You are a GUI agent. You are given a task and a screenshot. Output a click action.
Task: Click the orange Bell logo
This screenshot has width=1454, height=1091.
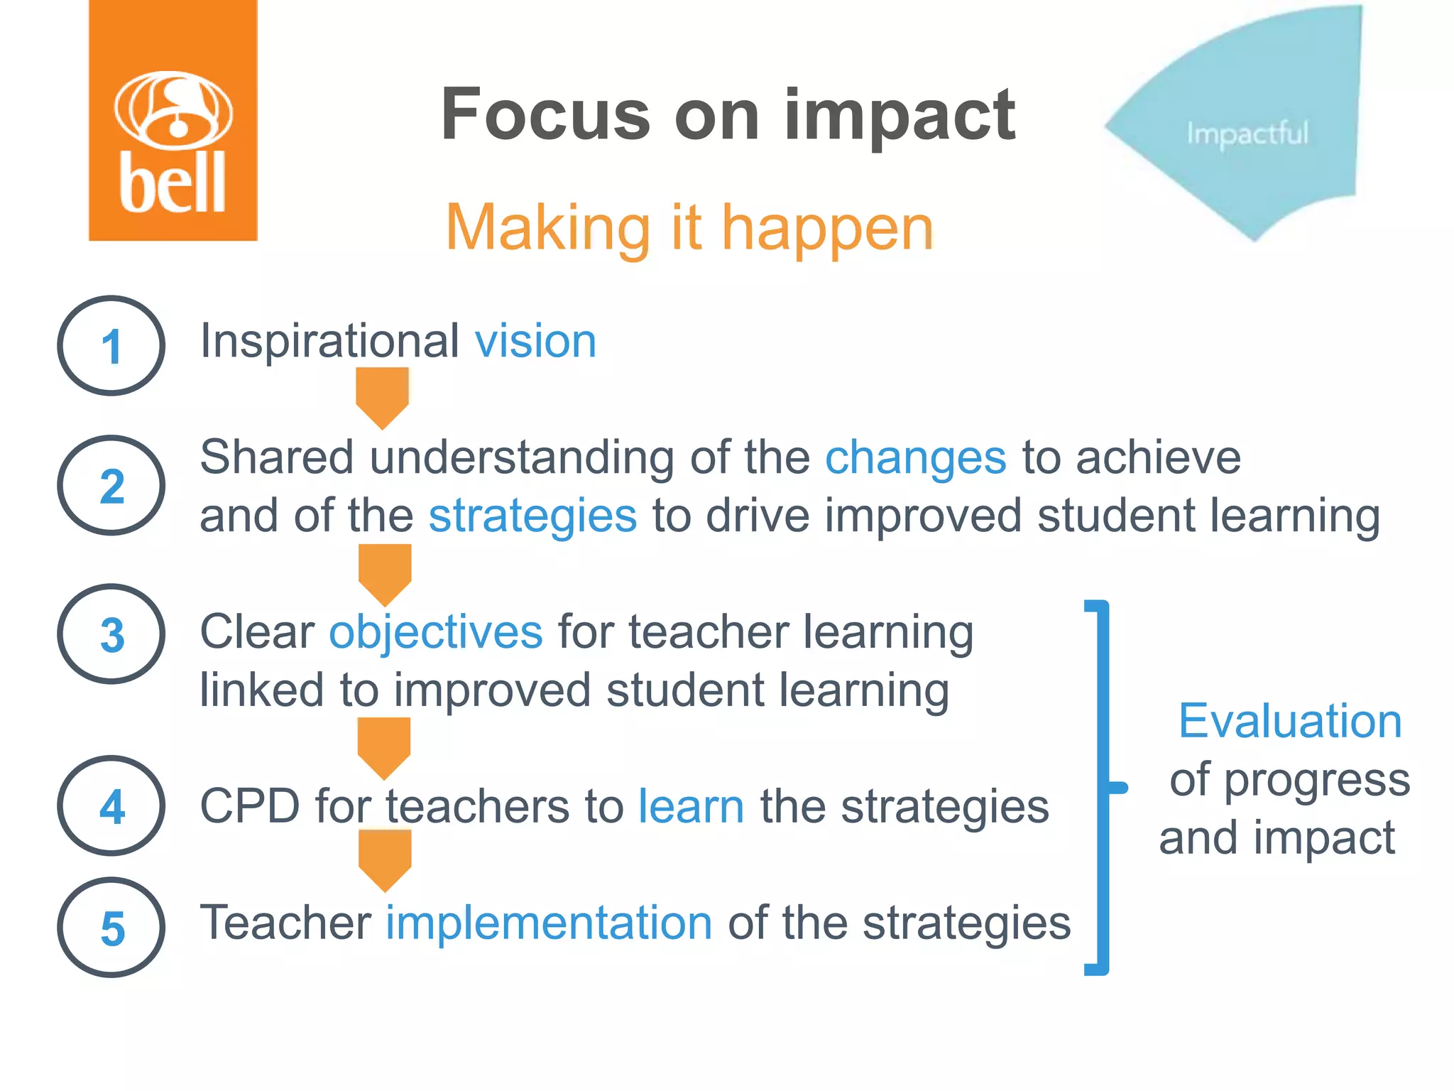coord(173,121)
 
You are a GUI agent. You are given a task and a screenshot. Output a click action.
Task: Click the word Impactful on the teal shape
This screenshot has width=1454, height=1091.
coord(1247,134)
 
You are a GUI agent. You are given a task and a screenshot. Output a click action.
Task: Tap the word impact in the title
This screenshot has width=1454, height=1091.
coord(900,116)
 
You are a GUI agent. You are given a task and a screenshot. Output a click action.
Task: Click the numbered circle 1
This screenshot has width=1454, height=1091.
coord(111,346)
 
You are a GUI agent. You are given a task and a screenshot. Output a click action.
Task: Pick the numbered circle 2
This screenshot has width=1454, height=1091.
coord(111,486)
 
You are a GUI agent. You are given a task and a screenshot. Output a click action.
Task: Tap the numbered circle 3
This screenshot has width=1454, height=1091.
coord(111,634)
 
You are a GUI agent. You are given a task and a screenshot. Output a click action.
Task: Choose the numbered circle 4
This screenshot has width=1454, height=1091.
coord(111,806)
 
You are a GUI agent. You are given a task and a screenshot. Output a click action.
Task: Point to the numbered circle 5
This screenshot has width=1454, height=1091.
coord(111,928)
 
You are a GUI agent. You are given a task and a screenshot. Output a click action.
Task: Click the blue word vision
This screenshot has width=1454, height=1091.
coord(535,341)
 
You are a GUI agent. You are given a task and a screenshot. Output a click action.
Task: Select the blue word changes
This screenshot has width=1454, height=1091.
coord(915,457)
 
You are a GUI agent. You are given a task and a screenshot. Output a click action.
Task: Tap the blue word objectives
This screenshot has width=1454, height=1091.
coord(435,631)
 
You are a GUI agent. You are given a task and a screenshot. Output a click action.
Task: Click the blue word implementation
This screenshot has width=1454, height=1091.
coord(549,923)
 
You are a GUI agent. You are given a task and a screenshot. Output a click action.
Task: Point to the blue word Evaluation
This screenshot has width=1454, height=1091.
coord(1290,721)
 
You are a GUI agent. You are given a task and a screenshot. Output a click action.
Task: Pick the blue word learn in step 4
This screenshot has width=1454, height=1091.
coord(691,806)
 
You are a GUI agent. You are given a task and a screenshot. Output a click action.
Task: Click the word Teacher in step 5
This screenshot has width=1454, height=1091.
coord(285,923)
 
